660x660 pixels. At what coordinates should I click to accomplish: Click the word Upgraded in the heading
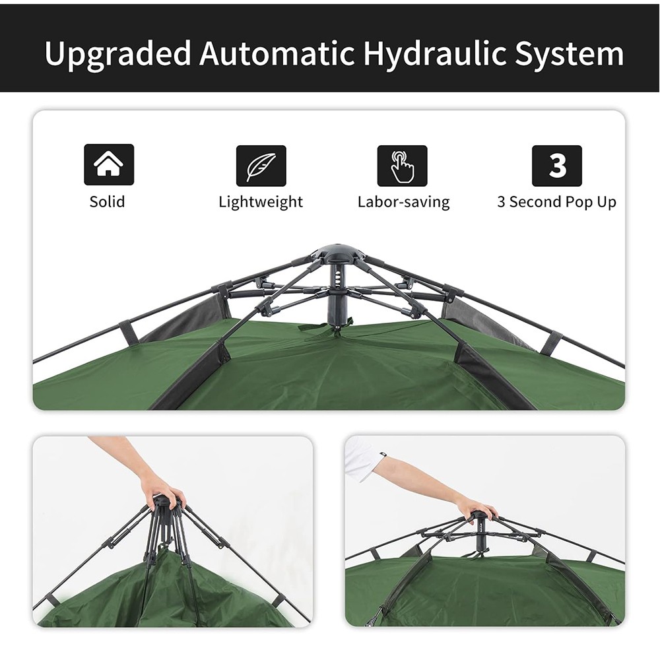[118, 54]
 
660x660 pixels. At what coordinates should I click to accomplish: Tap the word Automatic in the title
[277, 53]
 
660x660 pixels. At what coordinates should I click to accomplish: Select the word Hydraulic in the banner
[435, 54]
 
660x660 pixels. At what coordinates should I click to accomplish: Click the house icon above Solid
[109, 164]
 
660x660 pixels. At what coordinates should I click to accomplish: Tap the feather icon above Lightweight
[261, 166]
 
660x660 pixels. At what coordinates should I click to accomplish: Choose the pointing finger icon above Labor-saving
[402, 166]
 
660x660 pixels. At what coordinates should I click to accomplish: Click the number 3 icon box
[557, 166]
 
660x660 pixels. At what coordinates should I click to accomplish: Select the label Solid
[108, 201]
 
